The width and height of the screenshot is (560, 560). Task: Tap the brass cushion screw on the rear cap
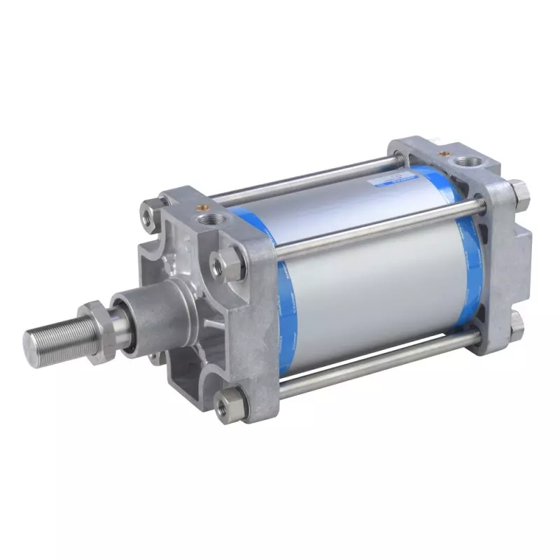click(x=442, y=151)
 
